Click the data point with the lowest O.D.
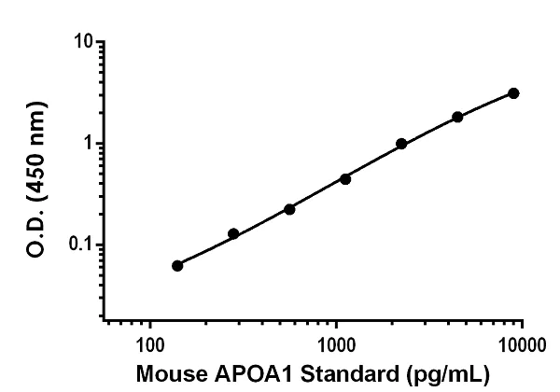[x=177, y=265]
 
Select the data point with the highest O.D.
[x=513, y=93]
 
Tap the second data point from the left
[x=233, y=233]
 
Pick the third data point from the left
[x=289, y=209]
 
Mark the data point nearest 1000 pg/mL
[x=345, y=178]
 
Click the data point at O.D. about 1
[x=401, y=144]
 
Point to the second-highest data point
[x=457, y=117]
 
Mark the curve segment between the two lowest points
[x=205, y=250]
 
